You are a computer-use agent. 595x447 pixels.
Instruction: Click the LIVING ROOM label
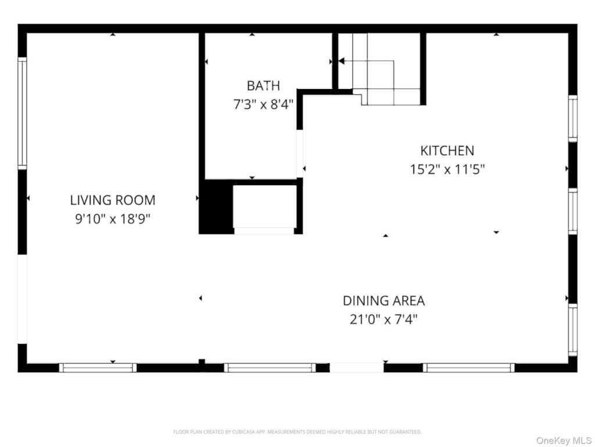click(x=113, y=200)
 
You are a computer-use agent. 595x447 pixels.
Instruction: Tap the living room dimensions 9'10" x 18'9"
click(x=113, y=219)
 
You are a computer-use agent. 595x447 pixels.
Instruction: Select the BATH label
click(x=263, y=86)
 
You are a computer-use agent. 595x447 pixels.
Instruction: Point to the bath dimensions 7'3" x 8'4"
click(x=263, y=104)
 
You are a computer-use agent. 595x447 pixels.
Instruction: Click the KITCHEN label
click(x=447, y=151)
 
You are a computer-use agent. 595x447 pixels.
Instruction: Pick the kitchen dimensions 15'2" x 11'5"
click(x=447, y=169)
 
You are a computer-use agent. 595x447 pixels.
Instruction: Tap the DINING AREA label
click(x=383, y=301)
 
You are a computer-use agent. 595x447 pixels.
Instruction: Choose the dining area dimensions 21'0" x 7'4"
click(x=383, y=320)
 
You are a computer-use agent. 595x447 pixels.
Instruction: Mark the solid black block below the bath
click(x=216, y=207)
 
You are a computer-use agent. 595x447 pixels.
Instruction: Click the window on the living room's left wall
click(x=23, y=113)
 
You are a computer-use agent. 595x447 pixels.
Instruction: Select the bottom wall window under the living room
click(x=98, y=368)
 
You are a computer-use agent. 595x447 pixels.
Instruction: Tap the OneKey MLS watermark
click(x=564, y=441)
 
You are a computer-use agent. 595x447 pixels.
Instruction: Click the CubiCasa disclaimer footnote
click(x=297, y=432)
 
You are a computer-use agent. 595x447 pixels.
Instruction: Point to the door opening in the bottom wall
click(x=356, y=368)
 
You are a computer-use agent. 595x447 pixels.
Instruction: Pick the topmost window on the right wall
click(x=572, y=118)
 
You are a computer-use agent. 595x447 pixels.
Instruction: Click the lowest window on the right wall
click(x=572, y=330)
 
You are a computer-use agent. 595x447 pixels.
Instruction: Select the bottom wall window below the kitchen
click(x=469, y=368)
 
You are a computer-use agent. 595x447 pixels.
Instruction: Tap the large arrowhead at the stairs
click(x=341, y=61)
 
